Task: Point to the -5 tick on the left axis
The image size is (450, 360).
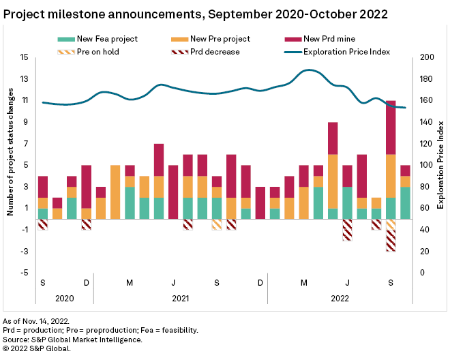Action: click(24, 273)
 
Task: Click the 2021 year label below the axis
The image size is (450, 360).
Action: click(180, 298)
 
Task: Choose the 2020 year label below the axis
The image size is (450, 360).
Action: click(64, 298)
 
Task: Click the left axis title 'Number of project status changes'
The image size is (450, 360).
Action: click(11, 165)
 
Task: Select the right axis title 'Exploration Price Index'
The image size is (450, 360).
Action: click(440, 165)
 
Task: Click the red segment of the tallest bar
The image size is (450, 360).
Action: click(391, 127)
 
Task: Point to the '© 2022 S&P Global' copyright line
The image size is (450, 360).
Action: click(37, 348)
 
